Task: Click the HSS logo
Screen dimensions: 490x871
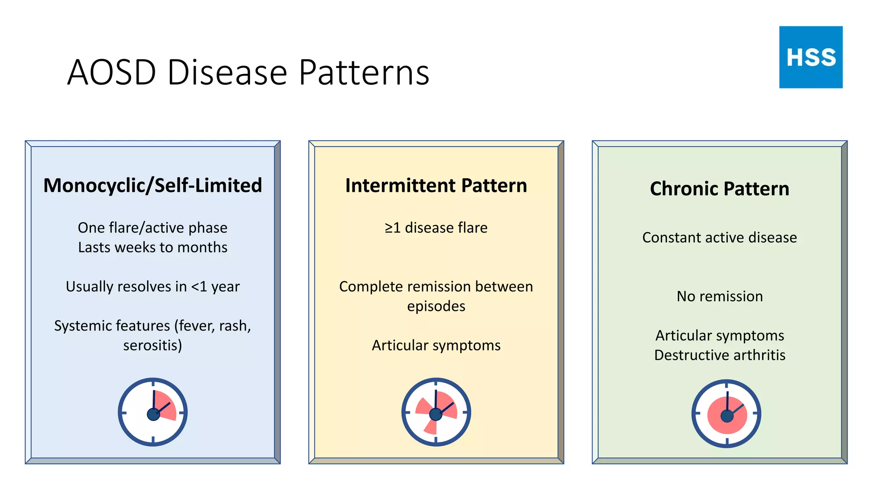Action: click(x=811, y=57)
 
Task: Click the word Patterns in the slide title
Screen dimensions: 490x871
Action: click(x=364, y=72)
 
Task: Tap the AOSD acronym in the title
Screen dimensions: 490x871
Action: click(x=112, y=72)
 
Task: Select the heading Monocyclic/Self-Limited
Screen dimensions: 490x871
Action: click(x=153, y=185)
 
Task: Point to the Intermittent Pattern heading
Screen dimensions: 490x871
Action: click(x=436, y=185)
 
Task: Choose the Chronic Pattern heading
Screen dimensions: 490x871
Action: click(x=720, y=188)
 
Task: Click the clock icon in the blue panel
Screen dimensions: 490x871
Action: click(x=153, y=412)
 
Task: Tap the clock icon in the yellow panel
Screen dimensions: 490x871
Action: click(x=436, y=412)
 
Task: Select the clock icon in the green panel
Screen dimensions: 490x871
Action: click(x=726, y=413)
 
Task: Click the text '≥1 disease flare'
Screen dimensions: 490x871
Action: click(x=436, y=228)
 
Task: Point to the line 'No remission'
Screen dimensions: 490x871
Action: click(x=720, y=296)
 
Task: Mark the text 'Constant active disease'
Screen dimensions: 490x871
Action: click(x=720, y=237)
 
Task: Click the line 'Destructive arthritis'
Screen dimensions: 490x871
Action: click(x=720, y=355)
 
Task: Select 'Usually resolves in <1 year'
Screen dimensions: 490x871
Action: click(x=153, y=286)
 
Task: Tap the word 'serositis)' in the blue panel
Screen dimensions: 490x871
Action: click(x=153, y=345)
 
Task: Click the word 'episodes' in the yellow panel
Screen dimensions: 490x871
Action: click(x=436, y=306)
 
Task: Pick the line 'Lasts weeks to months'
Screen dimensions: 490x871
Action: click(x=153, y=247)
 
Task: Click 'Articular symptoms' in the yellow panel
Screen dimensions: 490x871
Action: click(x=436, y=345)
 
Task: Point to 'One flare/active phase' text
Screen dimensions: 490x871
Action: click(x=153, y=228)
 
